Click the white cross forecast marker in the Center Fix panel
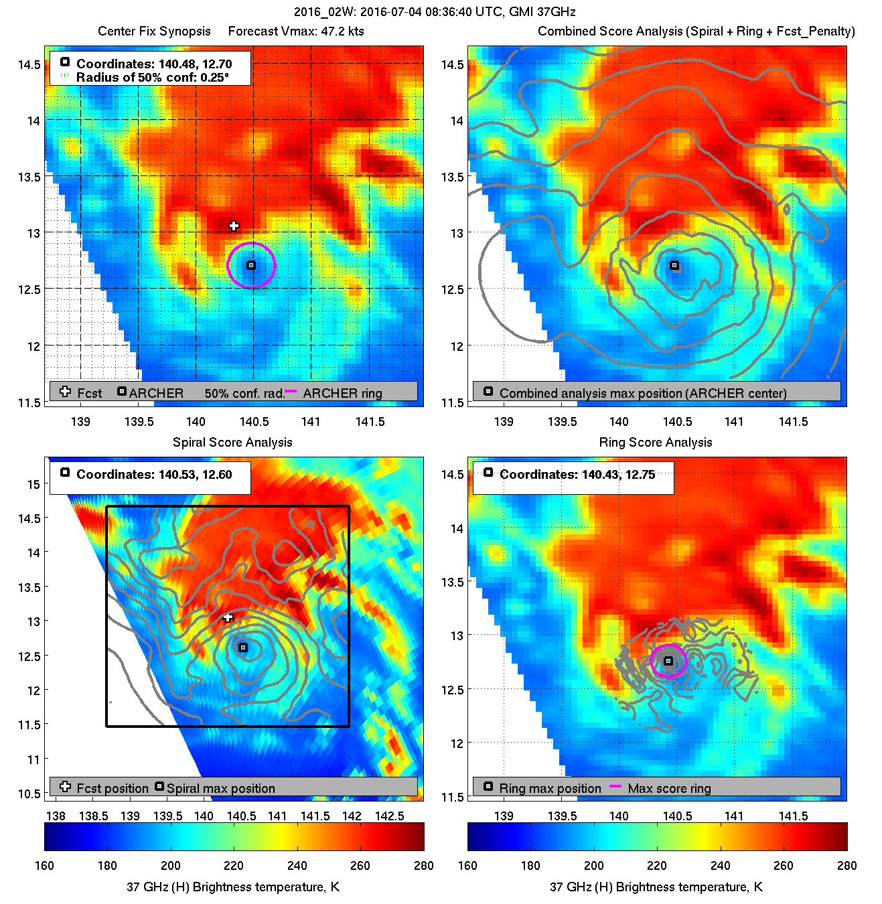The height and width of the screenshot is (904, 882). (234, 226)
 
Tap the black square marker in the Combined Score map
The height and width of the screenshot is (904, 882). (674, 266)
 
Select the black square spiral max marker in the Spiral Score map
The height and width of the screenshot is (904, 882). (243, 648)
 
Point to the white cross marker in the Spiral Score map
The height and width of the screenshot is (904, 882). (228, 617)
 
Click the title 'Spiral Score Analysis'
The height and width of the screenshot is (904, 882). (232, 442)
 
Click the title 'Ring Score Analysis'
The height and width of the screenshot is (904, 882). (655, 442)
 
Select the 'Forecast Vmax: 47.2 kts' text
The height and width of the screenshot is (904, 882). (296, 31)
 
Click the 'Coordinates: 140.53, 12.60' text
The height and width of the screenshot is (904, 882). (154, 475)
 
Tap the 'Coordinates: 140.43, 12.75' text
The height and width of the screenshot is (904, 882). (577, 475)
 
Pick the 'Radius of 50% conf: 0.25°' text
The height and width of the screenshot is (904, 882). (153, 78)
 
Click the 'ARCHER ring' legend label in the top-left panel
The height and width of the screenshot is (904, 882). (342, 394)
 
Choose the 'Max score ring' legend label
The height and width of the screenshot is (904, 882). (669, 789)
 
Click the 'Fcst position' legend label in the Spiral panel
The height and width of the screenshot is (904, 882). (113, 789)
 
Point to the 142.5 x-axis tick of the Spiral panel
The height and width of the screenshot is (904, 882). (389, 816)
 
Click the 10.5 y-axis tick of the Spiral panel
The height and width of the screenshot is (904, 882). (29, 794)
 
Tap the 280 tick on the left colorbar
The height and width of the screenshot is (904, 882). (423, 866)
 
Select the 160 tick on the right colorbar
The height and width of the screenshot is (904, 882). (467, 866)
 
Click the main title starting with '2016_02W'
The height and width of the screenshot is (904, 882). (435, 12)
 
